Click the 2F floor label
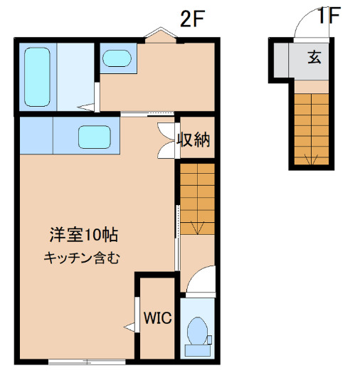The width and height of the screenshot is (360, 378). point(191,19)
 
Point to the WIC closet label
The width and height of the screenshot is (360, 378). point(158,318)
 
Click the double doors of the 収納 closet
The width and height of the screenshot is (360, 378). point(167,139)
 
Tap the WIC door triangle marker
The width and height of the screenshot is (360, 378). point(130,327)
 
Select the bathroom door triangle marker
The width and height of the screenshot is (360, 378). point(87,107)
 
